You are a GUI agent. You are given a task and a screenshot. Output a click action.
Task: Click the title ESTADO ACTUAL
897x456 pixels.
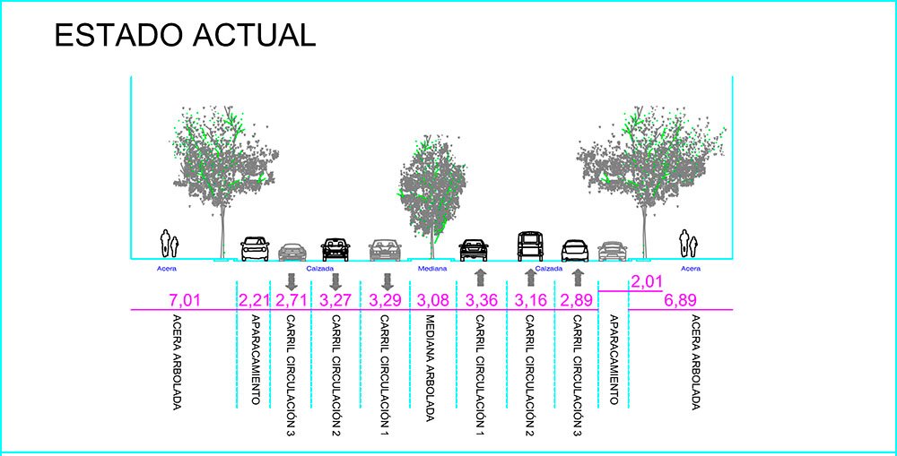[184, 35]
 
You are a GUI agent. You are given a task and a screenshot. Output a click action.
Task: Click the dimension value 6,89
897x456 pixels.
[681, 299]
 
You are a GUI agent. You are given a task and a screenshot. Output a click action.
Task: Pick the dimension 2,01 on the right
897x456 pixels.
[647, 282]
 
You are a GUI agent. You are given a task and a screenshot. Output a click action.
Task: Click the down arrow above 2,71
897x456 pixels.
[291, 280]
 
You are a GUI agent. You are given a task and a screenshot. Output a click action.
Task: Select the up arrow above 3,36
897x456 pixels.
[479, 278]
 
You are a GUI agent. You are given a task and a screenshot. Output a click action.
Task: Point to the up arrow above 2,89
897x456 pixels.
[578, 278]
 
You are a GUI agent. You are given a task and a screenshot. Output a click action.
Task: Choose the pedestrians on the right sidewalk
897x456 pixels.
[688, 242]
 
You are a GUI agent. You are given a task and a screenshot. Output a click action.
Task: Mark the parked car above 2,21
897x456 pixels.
[255, 248]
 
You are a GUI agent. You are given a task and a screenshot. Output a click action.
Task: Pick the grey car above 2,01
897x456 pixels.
[612, 251]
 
